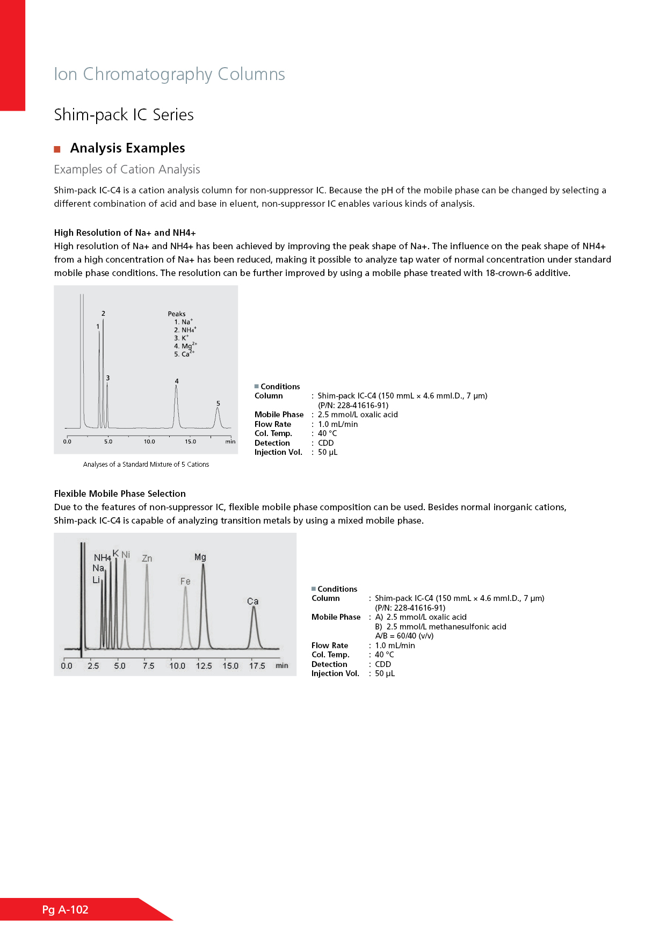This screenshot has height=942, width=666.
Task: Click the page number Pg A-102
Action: [x=66, y=910]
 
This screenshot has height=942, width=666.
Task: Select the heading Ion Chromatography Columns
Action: [x=169, y=74]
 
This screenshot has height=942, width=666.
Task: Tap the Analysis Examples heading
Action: [x=127, y=148]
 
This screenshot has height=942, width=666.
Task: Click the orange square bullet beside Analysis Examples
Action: [x=57, y=149]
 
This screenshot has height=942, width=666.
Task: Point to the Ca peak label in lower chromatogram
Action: [x=253, y=602]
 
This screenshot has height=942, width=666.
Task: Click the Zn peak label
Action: [x=147, y=559]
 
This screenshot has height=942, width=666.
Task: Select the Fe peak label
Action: [x=185, y=581]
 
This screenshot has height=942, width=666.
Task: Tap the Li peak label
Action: [x=96, y=580]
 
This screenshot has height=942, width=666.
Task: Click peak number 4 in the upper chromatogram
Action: [x=177, y=381]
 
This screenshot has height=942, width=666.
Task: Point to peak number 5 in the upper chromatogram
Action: [x=218, y=403]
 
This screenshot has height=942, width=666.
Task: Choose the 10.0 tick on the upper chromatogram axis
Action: [x=149, y=441]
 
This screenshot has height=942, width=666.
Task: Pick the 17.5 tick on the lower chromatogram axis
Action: [x=257, y=666]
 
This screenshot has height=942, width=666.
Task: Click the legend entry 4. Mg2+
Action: [x=185, y=346]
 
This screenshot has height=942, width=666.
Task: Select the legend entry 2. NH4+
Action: [x=185, y=330]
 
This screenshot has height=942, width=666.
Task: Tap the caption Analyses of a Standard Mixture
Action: [x=146, y=465]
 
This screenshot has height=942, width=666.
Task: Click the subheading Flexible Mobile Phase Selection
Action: [x=120, y=494]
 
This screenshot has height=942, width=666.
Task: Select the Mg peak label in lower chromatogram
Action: [x=200, y=557]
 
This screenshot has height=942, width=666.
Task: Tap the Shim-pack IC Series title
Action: [x=124, y=115]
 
